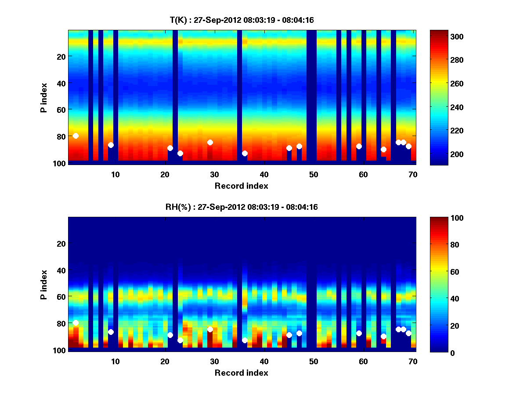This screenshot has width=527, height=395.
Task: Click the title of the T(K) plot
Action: (x=242, y=20)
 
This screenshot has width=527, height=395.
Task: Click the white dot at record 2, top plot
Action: (x=76, y=136)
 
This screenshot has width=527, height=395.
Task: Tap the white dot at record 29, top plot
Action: (x=210, y=142)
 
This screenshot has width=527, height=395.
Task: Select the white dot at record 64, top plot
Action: (x=383, y=149)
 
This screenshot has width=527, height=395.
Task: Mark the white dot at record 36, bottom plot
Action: (x=245, y=340)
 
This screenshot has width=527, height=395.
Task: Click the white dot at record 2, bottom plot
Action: (x=76, y=323)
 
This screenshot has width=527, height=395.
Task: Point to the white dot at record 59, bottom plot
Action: (x=359, y=333)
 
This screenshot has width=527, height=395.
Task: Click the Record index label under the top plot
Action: (x=242, y=186)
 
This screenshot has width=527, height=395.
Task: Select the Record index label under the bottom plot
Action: (x=242, y=373)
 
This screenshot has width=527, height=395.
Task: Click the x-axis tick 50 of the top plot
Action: (x=314, y=174)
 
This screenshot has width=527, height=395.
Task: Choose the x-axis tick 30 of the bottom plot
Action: (x=214, y=361)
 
